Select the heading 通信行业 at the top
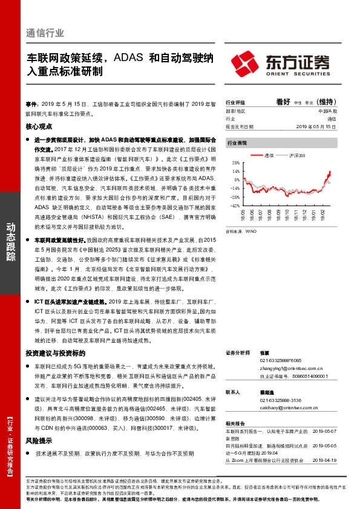click(x=45, y=33)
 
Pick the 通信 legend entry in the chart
click(x=270, y=155)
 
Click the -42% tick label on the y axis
click(x=235, y=206)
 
